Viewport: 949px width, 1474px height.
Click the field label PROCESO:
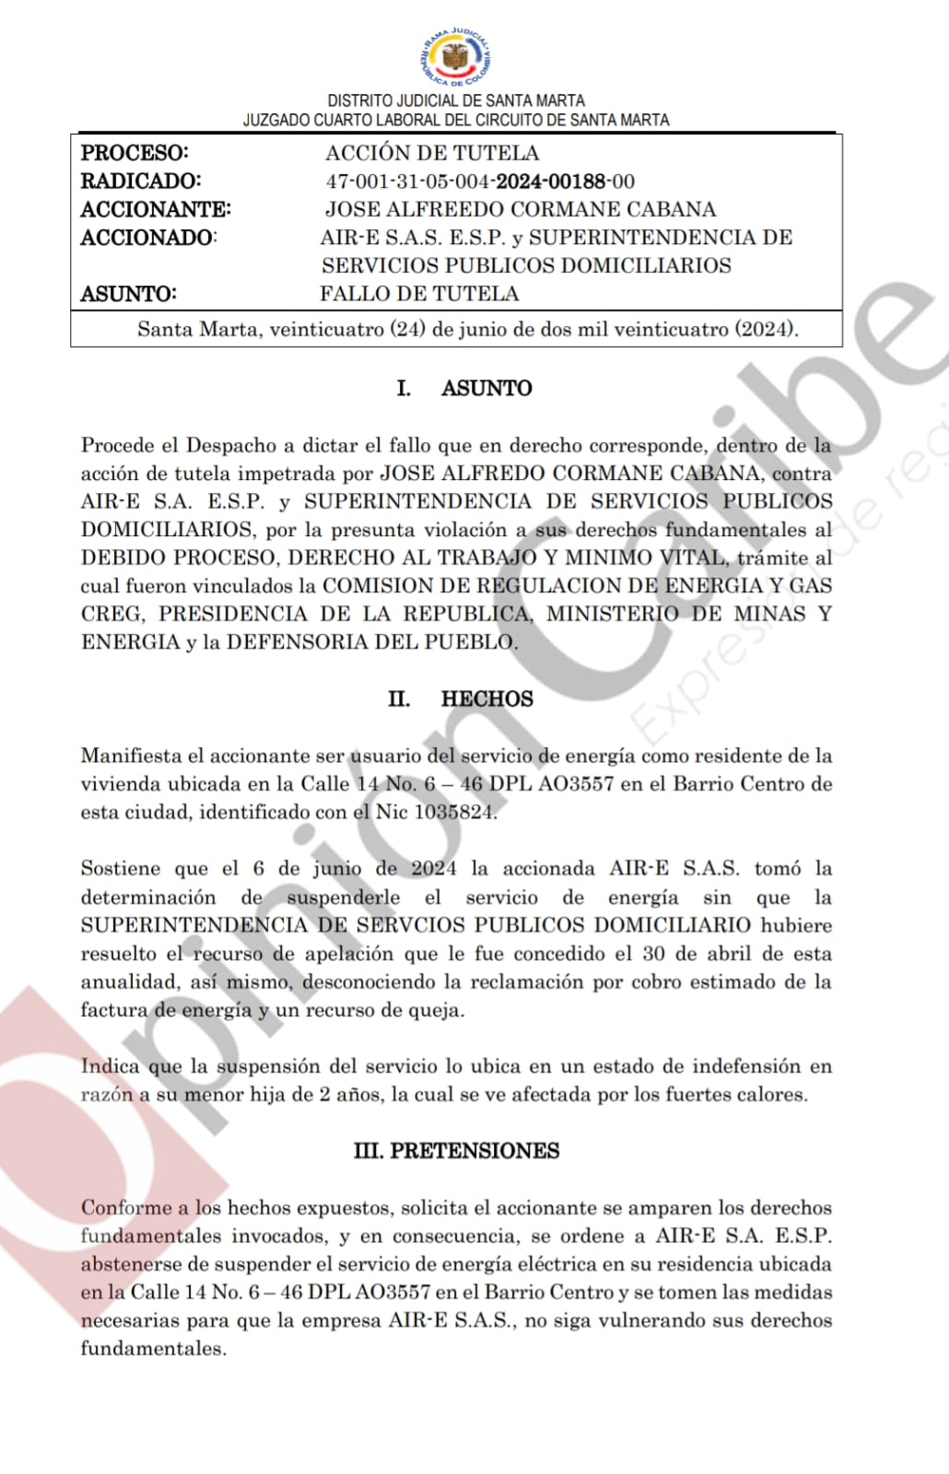[x=134, y=153]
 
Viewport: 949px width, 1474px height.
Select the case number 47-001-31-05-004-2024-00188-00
[x=479, y=181]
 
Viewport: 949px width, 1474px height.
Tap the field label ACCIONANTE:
[x=155, y=210]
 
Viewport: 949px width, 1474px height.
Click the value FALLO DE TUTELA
[x=419, y=294]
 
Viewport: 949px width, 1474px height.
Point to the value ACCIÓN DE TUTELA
[x=431, y=153]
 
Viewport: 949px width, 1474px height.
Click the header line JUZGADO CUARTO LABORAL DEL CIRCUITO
[x=456, y=120]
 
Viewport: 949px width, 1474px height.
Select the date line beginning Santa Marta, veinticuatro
[x=468, y=329]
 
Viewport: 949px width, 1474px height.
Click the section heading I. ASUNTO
[x=464, y=388]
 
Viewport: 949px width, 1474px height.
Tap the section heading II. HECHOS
[x=460, y=698]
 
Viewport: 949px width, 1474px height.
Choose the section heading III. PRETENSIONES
[x=456, y=1151]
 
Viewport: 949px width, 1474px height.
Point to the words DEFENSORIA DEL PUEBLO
[x=371, y=642]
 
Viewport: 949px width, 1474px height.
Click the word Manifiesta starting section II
[x=131, y=755]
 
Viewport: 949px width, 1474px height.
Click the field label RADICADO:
[x=140, y=181]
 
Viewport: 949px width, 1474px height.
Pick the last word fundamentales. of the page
[x=153, y=1349]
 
